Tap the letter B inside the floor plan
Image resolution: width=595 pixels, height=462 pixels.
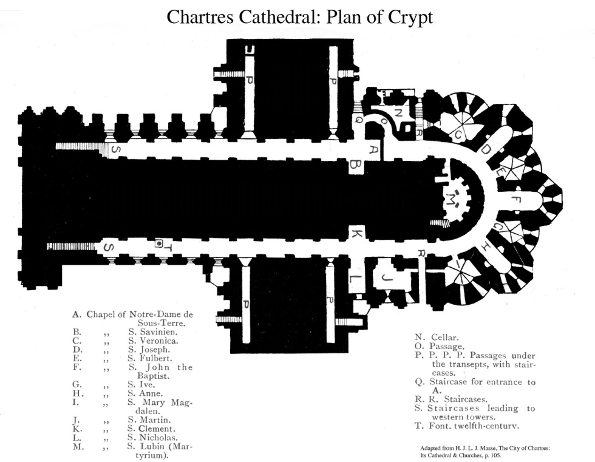click(356, 164)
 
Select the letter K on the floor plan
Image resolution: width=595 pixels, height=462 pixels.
click(357, 233)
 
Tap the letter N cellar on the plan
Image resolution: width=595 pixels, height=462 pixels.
click(398, 112)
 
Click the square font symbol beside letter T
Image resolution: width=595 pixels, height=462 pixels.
click(159, 243)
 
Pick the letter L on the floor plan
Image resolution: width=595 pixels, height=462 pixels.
click(356, 279)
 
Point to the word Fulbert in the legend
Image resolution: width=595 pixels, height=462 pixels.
click(155, 358)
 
